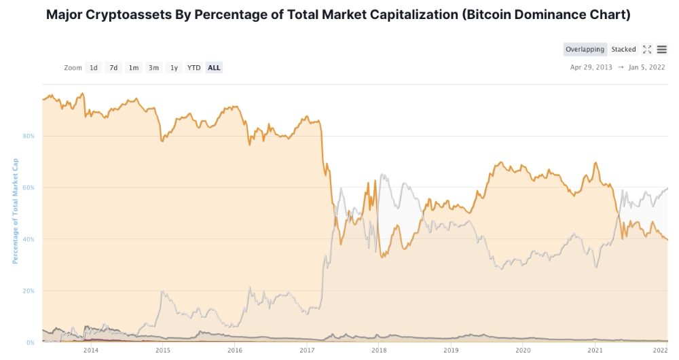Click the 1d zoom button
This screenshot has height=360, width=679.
tap(94, 67)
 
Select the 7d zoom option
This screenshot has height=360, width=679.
tap(114, 67)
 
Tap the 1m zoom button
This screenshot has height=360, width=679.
tap(134, 67)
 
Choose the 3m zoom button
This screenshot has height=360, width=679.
tap(154, 67)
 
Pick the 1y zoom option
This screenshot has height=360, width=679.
tap(174, 67)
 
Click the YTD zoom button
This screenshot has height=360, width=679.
tap(194, 67)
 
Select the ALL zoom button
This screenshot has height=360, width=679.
tap(214, 67)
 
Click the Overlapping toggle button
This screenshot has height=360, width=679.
tap(585, 50)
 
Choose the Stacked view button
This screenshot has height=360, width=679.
tap(623, 50)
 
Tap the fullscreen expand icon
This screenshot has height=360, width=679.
tap(647, 50)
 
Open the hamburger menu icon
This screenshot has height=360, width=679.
tap(662, 50)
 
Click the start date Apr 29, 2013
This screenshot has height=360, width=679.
tap(591, 67)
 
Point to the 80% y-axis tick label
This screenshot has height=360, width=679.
tap(29, 136)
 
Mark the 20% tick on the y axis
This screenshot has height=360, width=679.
tap(29, 291)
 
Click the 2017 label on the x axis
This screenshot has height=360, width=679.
tap(306, 350)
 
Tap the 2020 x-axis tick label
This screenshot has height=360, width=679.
tap(523, 350)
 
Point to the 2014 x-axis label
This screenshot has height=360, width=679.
tap(90, 350)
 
